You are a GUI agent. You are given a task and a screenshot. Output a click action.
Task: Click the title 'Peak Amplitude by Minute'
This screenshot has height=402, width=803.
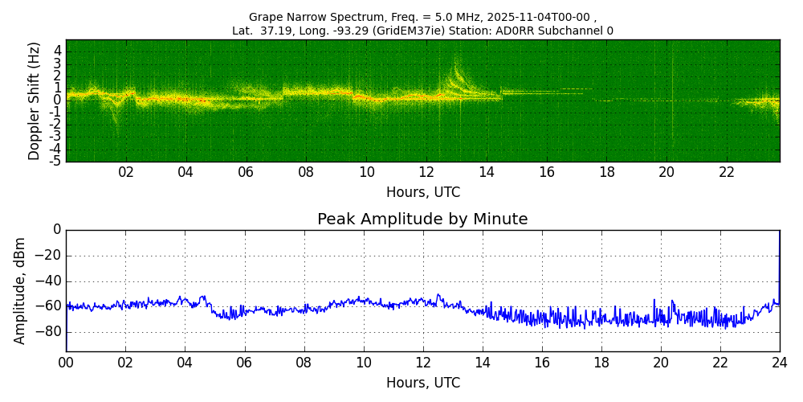422,219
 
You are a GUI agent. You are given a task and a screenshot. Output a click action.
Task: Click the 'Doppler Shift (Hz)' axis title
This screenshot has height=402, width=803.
35,101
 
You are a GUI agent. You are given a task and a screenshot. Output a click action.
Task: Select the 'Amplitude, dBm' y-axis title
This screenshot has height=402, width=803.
20,290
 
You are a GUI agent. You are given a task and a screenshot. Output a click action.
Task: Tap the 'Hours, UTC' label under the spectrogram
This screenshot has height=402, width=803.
422,193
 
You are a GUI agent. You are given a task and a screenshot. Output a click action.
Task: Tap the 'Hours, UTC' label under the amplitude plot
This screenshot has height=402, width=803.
422,383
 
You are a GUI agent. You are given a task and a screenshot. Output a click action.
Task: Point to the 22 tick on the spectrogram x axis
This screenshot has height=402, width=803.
727,172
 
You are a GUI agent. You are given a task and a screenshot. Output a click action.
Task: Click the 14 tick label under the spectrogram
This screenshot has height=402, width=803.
487,172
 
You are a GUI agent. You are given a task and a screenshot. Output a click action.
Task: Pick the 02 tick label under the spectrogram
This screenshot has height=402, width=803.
126,172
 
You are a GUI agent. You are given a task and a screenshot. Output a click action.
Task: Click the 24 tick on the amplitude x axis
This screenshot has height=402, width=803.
780,362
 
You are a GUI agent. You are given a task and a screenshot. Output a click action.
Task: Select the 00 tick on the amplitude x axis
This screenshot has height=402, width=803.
66,362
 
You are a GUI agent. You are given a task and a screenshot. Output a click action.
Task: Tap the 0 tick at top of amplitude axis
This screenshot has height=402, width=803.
57,230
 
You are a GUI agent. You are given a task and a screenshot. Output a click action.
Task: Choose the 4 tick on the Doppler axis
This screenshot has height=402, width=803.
58,51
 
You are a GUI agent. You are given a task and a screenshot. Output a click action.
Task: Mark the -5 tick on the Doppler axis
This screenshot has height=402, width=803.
55,162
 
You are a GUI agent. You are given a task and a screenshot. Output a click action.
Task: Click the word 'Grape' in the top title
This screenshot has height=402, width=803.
267,17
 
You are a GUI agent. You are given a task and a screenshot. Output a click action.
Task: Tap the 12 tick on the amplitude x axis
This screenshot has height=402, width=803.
422,362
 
